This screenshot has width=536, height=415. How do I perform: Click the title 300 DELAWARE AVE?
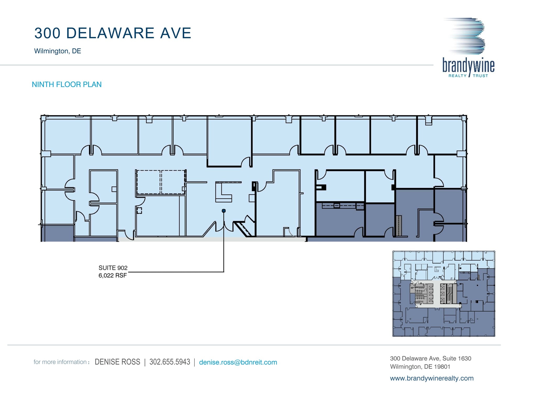click(x=113, y=33)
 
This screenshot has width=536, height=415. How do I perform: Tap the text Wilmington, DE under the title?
click(x=58, y=51)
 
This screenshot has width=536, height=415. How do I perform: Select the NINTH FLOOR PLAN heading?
click(x=67, y=84)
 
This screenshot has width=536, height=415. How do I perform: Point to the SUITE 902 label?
click(x=113, y=268)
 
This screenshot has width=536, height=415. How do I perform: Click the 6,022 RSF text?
click(x=113, y=275)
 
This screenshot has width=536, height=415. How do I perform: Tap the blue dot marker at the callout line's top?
click(x=224, y=211)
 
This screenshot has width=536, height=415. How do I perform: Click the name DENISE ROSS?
click(x=117, y=362)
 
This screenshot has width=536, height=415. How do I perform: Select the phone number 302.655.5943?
click(x=170, y=362)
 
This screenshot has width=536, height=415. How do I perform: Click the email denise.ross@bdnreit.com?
click(x=238, y=362)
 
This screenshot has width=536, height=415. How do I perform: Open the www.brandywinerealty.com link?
click(x=432, y=378)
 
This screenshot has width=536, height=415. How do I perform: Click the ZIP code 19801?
click(x=442, y=367)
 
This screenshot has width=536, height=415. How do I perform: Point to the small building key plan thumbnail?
click(x=444, y=294)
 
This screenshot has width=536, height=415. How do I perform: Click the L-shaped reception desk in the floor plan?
click(x=223, y=193)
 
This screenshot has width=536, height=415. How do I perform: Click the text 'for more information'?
click(x=60, y=362)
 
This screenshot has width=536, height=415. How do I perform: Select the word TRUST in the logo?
click(x=480, y=76)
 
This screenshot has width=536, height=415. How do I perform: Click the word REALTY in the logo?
click(x=457, y=76)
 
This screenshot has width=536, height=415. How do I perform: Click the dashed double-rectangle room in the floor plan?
click(x=161, y=182)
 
